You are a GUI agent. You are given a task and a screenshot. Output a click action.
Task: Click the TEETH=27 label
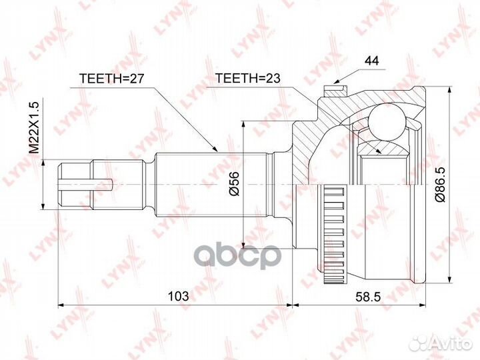coord(111,79)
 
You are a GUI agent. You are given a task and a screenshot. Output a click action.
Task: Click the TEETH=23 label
coord(248,78)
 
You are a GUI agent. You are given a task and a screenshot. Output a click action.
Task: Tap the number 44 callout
coord(371,61)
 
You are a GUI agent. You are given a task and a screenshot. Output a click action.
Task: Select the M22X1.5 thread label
coord(34,127)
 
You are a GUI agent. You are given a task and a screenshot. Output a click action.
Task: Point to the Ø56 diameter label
coord(233,183)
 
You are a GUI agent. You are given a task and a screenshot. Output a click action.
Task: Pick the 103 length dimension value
coord(179,296)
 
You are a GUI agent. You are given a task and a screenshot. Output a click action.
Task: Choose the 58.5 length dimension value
coord(368,296)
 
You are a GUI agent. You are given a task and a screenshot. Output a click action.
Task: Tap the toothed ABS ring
coord(334,234)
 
